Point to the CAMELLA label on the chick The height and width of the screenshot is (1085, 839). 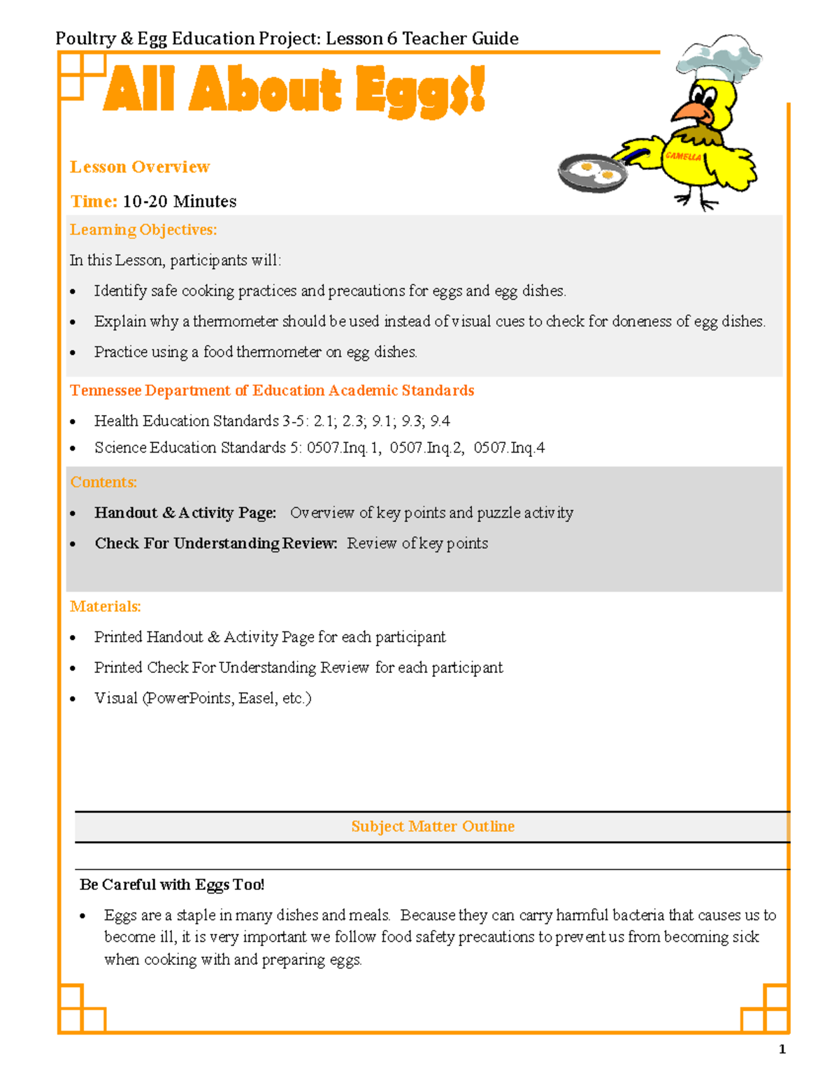click(683, 156)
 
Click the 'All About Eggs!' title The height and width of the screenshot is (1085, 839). click(294, 91)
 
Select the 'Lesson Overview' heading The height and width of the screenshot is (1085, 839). click(140, 167)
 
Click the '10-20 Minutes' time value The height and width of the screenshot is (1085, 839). click(180, 201)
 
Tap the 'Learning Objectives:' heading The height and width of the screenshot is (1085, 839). click(143, 230)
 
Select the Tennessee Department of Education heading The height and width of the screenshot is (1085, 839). click(272, 391)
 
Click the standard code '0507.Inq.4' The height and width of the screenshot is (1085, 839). click(509, 448)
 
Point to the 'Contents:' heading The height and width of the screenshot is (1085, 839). click(103, 482)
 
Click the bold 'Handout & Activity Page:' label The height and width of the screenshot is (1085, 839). click(185, 513)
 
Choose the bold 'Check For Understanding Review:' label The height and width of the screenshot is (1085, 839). click(216, 544)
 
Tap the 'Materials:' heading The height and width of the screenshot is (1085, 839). click(106, 606)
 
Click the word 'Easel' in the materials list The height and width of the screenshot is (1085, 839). click(257, 698)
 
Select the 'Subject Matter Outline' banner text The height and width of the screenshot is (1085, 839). click(433, 827)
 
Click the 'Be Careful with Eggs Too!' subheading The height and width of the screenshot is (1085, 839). click(172, 884)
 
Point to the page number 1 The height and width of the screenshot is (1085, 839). click(782, 1049)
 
